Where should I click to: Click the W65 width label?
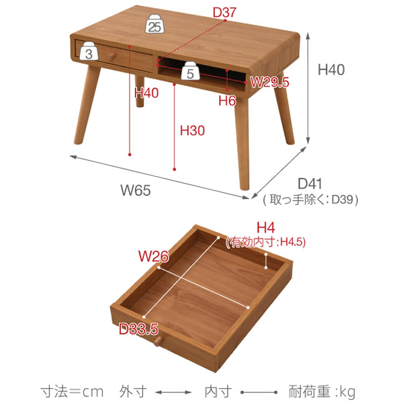click(136, 190)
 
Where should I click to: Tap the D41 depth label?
click(311, 183)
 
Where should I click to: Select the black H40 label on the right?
click(331, 69)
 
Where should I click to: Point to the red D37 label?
click(224, 12)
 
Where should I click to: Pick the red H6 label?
click(228, 100)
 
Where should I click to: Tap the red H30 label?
click(192, 131)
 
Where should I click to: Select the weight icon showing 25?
click(155, 26)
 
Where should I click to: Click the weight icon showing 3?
click(89, 53)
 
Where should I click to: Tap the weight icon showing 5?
click(190, 73)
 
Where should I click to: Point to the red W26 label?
click(153, 256)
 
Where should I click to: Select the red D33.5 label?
click(138, 329)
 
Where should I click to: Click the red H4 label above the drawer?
click(266, 228)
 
